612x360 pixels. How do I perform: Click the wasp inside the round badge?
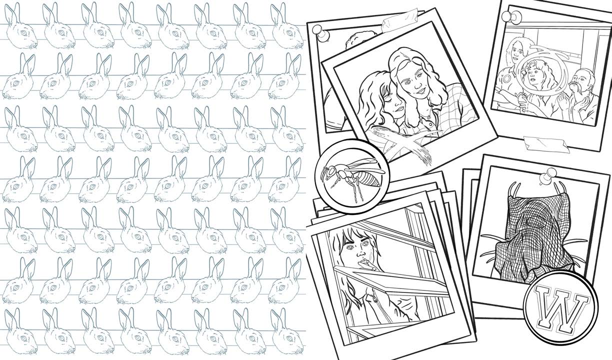pos(353,177)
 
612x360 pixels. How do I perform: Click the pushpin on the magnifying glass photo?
pos(512,17)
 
